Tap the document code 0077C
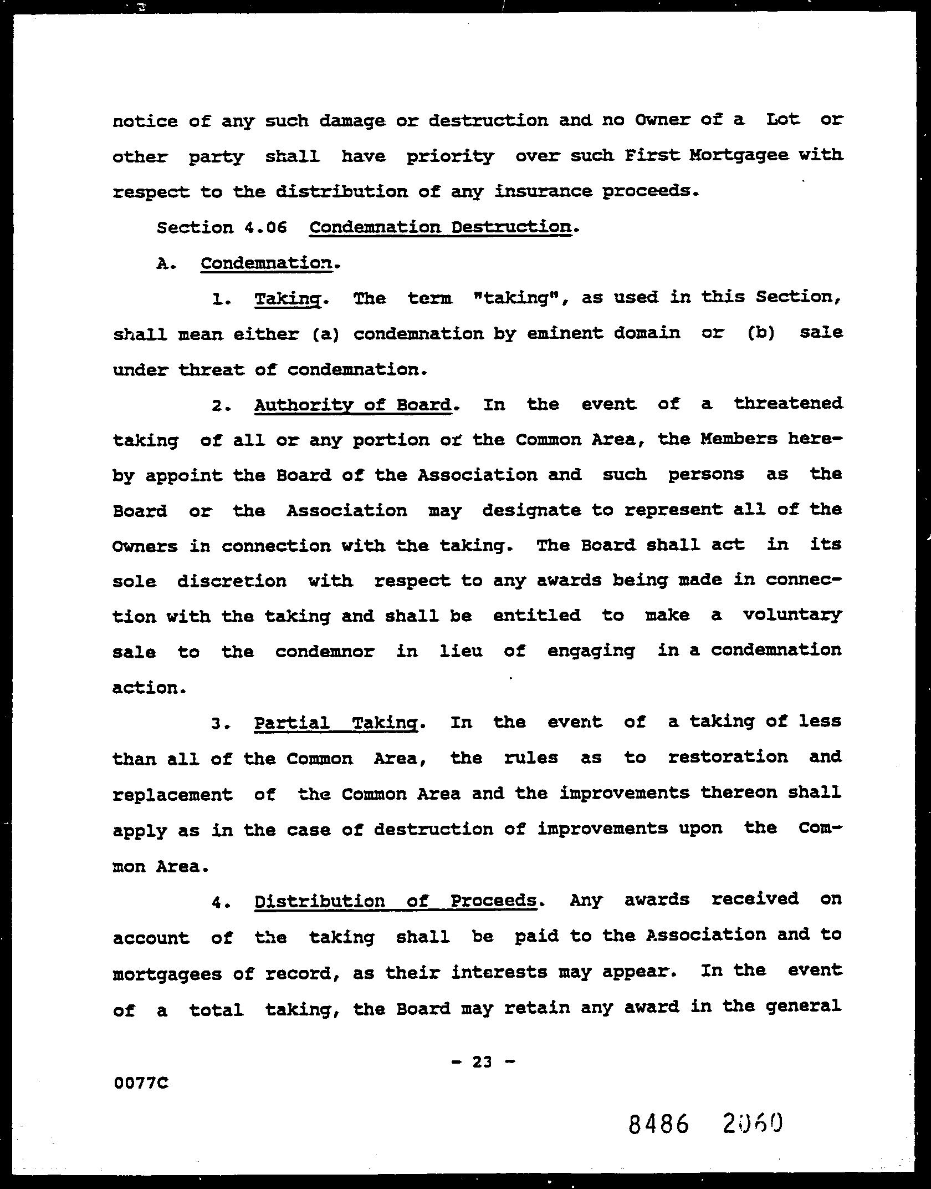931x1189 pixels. coord(141,1083)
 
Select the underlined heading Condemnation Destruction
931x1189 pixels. coord(440,227)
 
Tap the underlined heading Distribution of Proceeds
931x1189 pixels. coord(396,901)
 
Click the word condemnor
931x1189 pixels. coord(325,651)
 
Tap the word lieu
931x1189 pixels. coord(461,651)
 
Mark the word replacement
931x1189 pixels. coord(172,795)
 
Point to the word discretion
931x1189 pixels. coord(232,581)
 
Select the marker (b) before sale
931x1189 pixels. coord(760,333)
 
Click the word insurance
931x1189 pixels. coord(543,191)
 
